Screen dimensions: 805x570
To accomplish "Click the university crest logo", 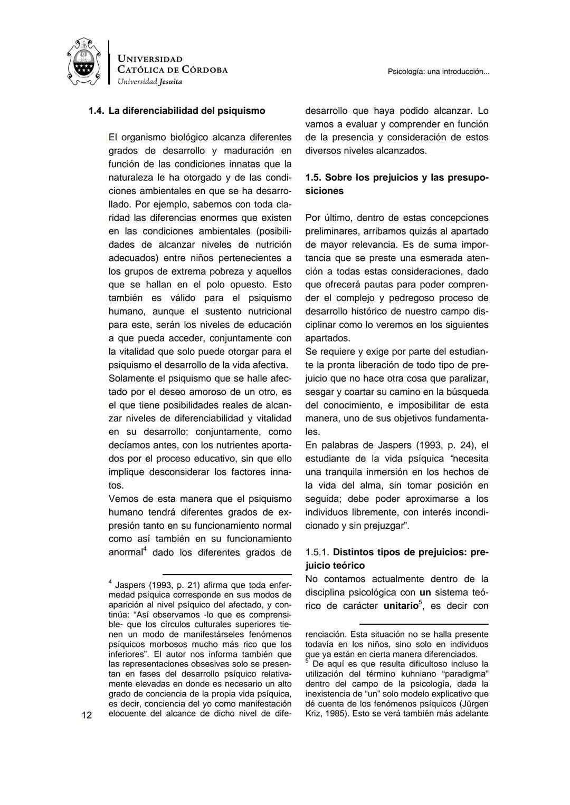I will [x=84, y=62].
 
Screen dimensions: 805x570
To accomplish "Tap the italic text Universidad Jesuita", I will [x=149, y=81].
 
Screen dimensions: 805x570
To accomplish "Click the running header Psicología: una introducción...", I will [x=438, y=72].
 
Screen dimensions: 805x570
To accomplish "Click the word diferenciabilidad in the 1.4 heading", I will [x=157, y=111].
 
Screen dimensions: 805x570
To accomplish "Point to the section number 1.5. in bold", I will [x=315, y=178].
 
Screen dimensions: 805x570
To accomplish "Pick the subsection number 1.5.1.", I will [x=317, y=552].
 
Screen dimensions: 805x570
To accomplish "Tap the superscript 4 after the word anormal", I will [x=146, y=550].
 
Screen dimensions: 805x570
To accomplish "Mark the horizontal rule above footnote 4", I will [x=227, y=574].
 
